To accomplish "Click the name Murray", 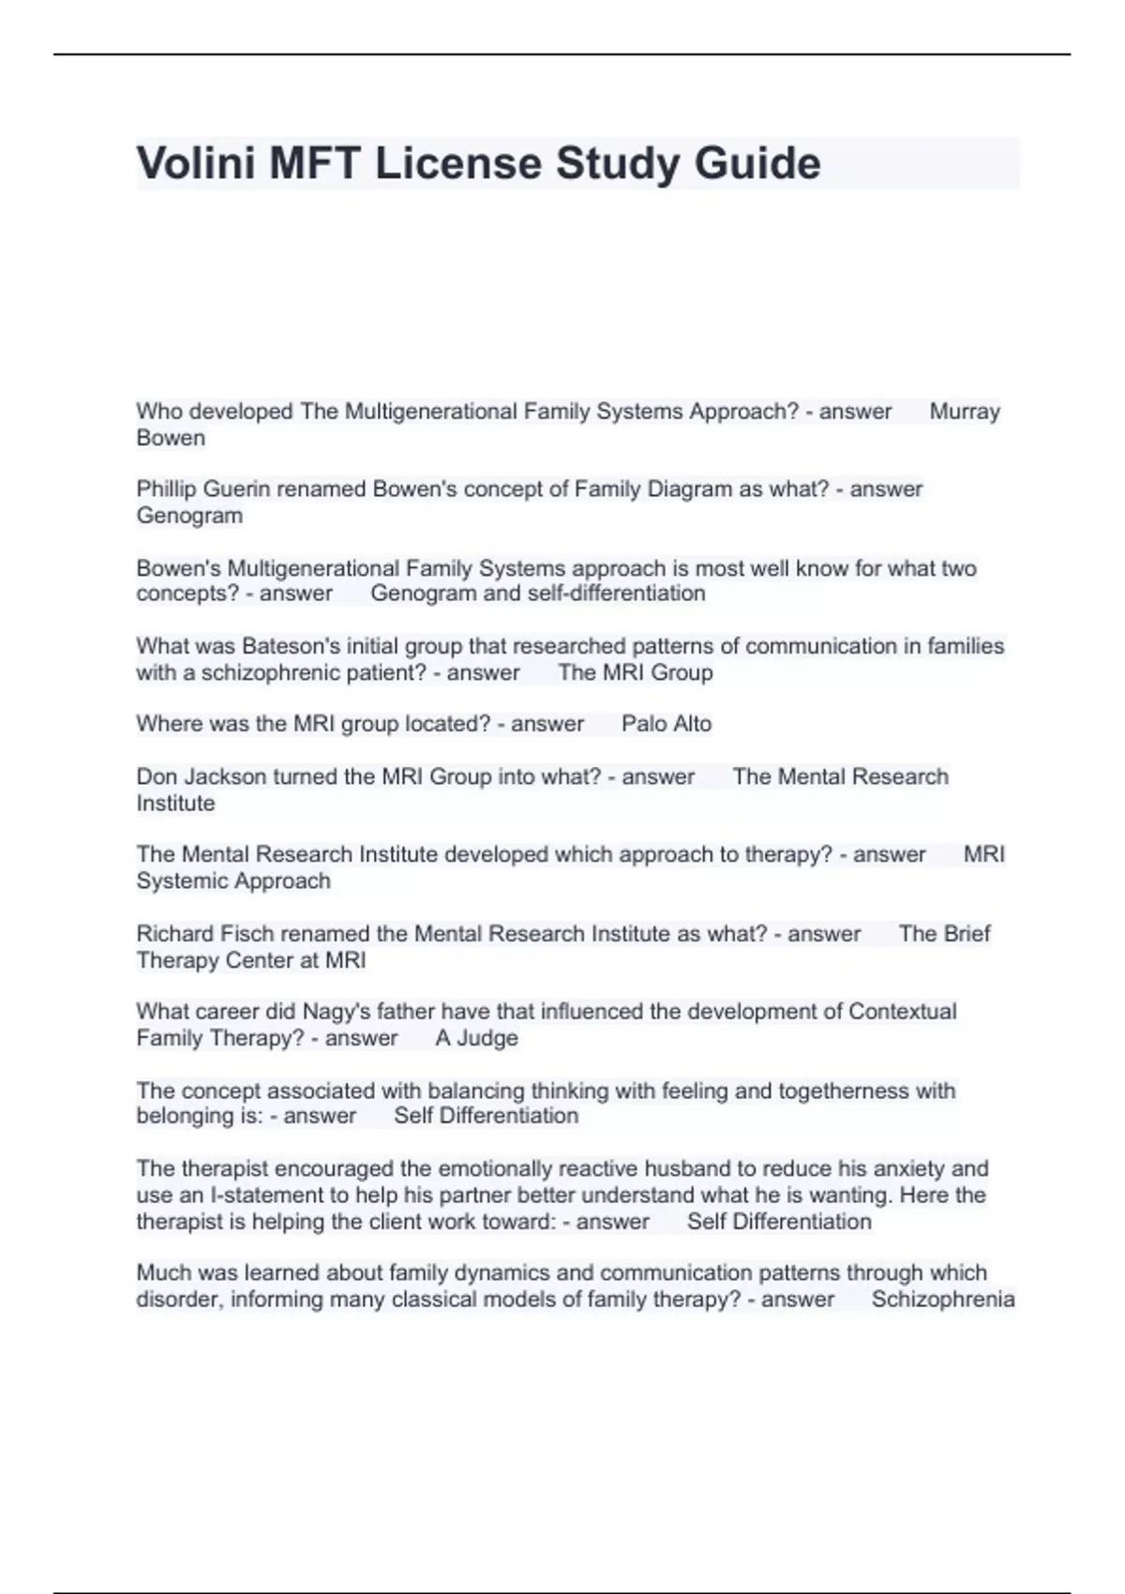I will (965, 412).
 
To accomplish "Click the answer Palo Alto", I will (667, 724).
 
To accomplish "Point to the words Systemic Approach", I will (233, 881).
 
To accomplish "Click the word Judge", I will (487, 1038).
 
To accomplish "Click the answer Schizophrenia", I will (942, 1300).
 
